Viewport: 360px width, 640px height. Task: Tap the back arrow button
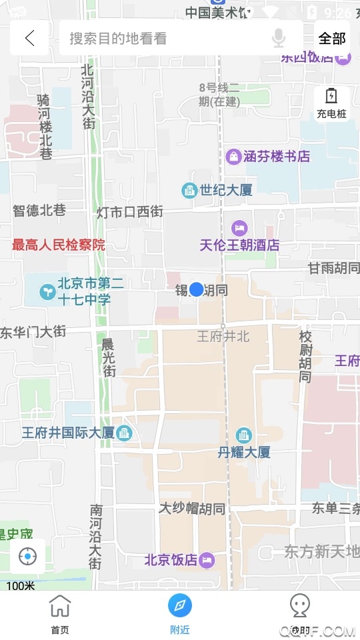[x=29, y=38]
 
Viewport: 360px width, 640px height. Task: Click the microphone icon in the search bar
[x=279, y=38]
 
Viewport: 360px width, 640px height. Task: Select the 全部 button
[x=331, y=38]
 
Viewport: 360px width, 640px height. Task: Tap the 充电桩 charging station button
[x=331, y=103]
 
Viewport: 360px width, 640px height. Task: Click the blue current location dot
[x=196, y=289]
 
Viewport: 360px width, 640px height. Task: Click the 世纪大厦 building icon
[x=190, y=191]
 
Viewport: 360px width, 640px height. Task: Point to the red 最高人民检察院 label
[x=59, y=245]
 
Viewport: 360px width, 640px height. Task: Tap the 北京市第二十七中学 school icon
[x=47, y=291]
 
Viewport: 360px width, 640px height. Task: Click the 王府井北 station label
[x=223, y=337]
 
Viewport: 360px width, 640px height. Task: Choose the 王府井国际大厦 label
[x=68, y=433]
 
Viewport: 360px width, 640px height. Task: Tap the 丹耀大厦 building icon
[x=244, y=435]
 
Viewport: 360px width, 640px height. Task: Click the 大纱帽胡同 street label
[x=191, y=509]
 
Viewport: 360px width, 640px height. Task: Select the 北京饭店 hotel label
[x=171, y=560]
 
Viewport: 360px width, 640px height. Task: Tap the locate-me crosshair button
[x=28, y=556]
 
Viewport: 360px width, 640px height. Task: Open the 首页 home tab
[x=60, y=614]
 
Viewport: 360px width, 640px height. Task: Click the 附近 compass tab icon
[x=179, y=605]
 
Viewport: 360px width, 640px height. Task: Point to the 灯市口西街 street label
[x=130, y=212]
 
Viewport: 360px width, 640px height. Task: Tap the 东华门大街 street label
[x=33, y=331]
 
